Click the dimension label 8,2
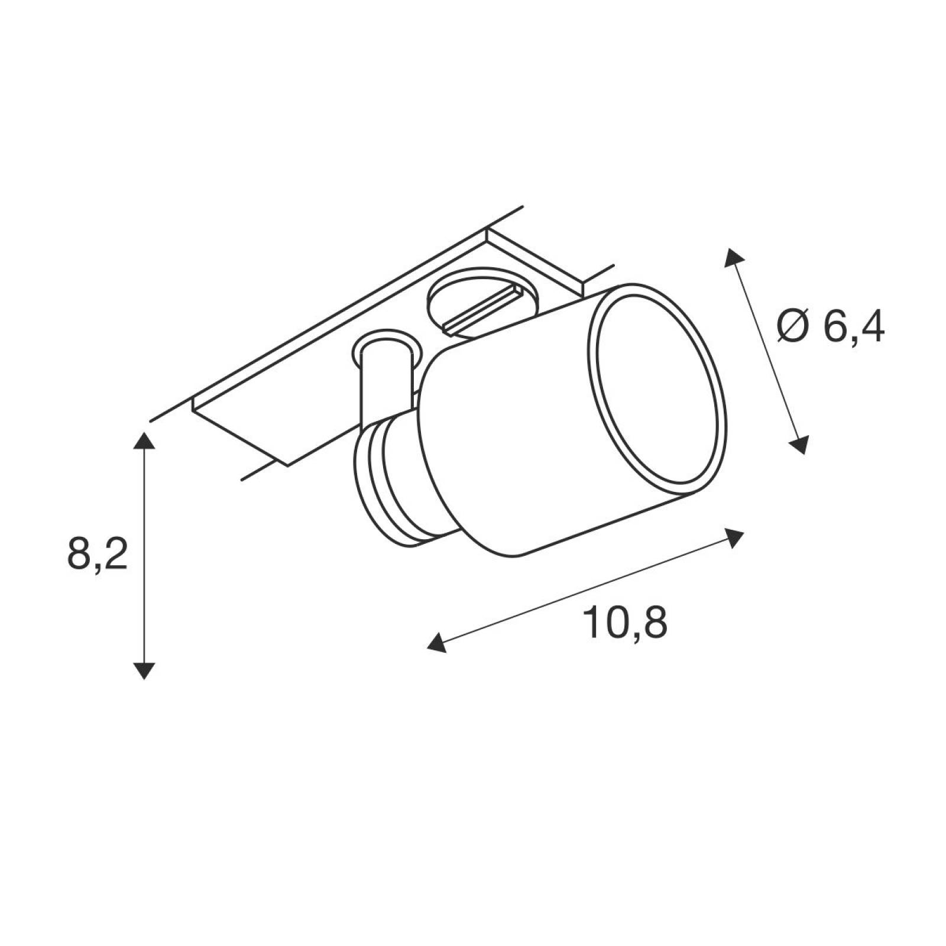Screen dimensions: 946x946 click(x=98, y=554)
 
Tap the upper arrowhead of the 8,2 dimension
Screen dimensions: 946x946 click(x=144, y=441)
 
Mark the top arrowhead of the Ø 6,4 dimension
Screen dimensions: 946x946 click(x=734, y=258)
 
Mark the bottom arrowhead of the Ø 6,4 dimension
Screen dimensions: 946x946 click(x=799, y=444)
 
